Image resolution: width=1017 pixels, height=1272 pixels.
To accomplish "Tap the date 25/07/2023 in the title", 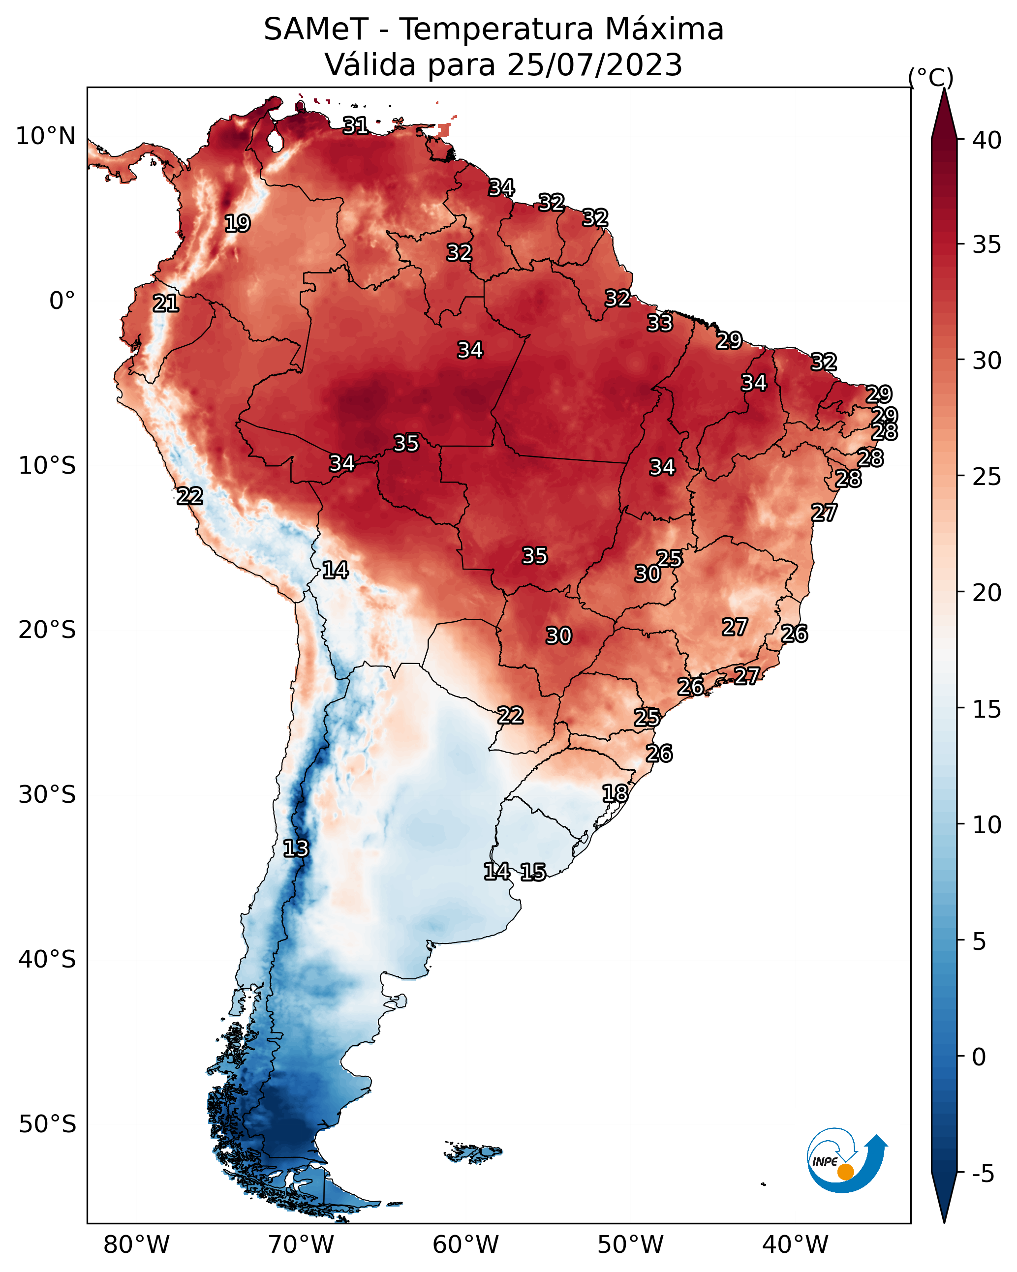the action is tap(594, 65).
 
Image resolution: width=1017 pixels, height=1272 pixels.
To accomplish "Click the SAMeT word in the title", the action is tap(316, 30).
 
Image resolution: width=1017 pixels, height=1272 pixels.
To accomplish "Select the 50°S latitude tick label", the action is tap(47, 1124).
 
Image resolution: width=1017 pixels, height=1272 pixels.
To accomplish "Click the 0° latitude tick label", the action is tap(62, 301).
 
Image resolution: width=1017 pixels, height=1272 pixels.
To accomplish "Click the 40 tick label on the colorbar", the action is tap(987, 140).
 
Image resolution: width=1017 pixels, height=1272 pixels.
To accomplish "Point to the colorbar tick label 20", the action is tap(987, 592).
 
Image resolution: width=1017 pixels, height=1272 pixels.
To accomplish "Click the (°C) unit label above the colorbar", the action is tap(931, 77).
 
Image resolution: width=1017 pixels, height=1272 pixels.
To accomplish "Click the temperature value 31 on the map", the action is tap(355, 125).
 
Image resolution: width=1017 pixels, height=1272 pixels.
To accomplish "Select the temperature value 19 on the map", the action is tap(237, 224).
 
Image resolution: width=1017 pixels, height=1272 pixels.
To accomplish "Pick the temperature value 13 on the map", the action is tap(296, 848).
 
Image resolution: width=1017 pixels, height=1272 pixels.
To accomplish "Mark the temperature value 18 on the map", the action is tap(615, 793).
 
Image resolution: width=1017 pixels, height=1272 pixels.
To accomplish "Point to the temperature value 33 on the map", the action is tap(660, 323).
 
